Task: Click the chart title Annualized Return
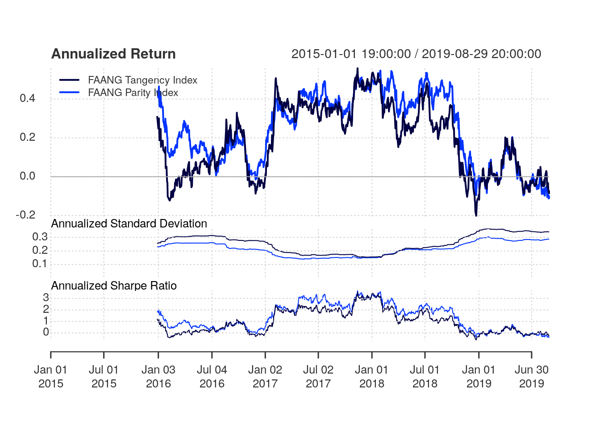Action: click(113, 54)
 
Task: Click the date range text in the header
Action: click(416, 54)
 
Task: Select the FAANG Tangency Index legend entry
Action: click(142, 80)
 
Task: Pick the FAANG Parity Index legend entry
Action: click(133, 93)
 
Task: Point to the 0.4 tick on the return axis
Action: click(27, 98)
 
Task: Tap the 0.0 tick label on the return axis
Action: click(27, 176)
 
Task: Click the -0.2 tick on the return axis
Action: click(25, 215)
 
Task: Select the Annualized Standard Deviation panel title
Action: click(129, 223)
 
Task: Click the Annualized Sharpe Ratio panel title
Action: click(114, 286)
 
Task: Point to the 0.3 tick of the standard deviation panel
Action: click(40, 237)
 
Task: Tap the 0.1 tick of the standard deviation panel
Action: click(40, 264)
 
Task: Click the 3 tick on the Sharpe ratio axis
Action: click(46, 298)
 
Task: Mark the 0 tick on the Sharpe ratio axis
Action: click(46, 332)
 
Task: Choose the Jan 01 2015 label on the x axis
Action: click(50, 376)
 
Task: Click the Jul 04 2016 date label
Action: click(212, 376)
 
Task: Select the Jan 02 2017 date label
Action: click(265, 376)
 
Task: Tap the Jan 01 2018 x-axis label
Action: click(371, 376)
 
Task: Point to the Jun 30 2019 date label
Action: click(531, 376)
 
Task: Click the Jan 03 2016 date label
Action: click(158, 376)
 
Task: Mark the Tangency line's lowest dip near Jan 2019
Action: click(476, 215)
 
